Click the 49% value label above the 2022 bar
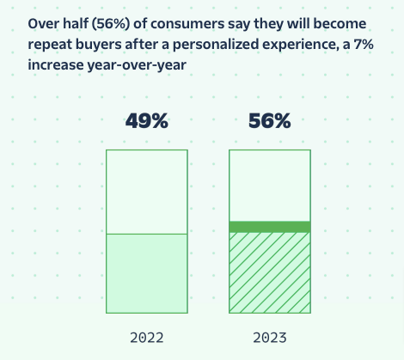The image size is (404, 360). coord(147,120)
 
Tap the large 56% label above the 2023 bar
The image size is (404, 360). coord(270,120)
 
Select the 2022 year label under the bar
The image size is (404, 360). coord(147,338)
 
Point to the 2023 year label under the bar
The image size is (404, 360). coord(270,338)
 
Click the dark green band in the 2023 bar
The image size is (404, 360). coord(270,227)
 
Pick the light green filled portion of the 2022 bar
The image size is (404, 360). coord(147,273)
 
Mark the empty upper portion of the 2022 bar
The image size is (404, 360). coord(147,192)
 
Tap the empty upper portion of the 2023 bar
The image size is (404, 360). coord(270,186)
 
